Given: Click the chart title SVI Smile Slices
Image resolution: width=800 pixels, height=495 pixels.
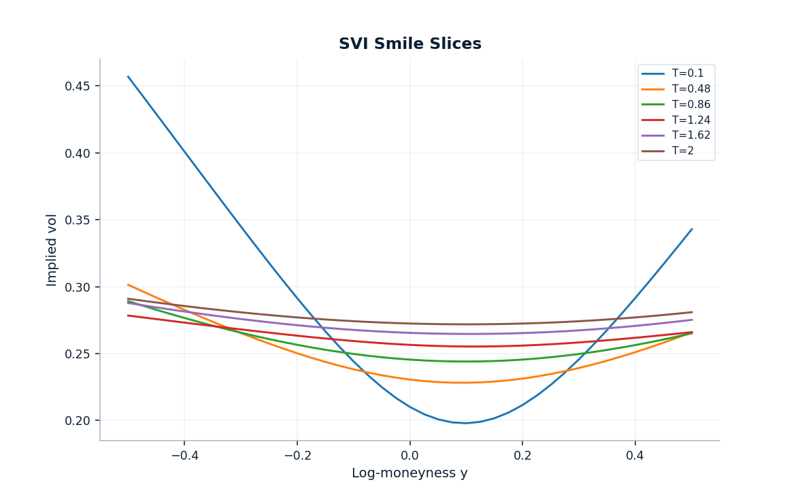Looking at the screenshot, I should tap(410, 44).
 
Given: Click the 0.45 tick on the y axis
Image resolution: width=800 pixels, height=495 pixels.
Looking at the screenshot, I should tap(78, 86).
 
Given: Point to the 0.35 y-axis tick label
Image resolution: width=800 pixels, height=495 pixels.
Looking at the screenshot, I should tap(78, 220).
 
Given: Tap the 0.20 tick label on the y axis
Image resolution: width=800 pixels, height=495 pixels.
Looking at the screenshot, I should tap(78, 421).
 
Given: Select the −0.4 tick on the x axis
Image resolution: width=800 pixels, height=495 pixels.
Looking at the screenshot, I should tap(184, 455).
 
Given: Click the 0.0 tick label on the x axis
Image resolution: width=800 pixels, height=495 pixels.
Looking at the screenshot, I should tap(410, 455).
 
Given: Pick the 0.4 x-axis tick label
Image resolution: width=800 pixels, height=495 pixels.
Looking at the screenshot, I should tap(635, 455).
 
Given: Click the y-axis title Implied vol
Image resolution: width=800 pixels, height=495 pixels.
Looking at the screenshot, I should tap(52, 250).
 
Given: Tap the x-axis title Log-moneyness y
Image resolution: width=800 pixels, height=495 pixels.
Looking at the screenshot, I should tap(410, 473).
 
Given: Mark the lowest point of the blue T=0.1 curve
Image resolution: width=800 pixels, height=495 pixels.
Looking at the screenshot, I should tap(466, 423).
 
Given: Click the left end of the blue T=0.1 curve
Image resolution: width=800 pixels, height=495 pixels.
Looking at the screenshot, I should tap(128, 76).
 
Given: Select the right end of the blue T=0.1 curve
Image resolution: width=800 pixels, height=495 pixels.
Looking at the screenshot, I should tap(692, 228).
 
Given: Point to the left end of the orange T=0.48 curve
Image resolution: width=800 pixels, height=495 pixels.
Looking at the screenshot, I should tap(128, 284).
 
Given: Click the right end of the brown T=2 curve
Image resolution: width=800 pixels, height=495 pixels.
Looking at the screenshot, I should tap(692, 312).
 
